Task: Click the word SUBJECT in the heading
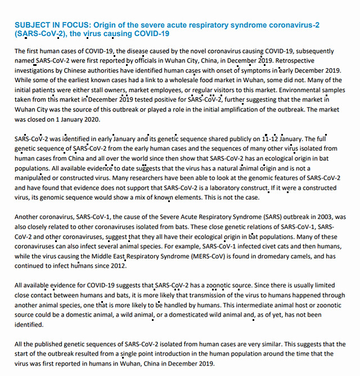(31, 25)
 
